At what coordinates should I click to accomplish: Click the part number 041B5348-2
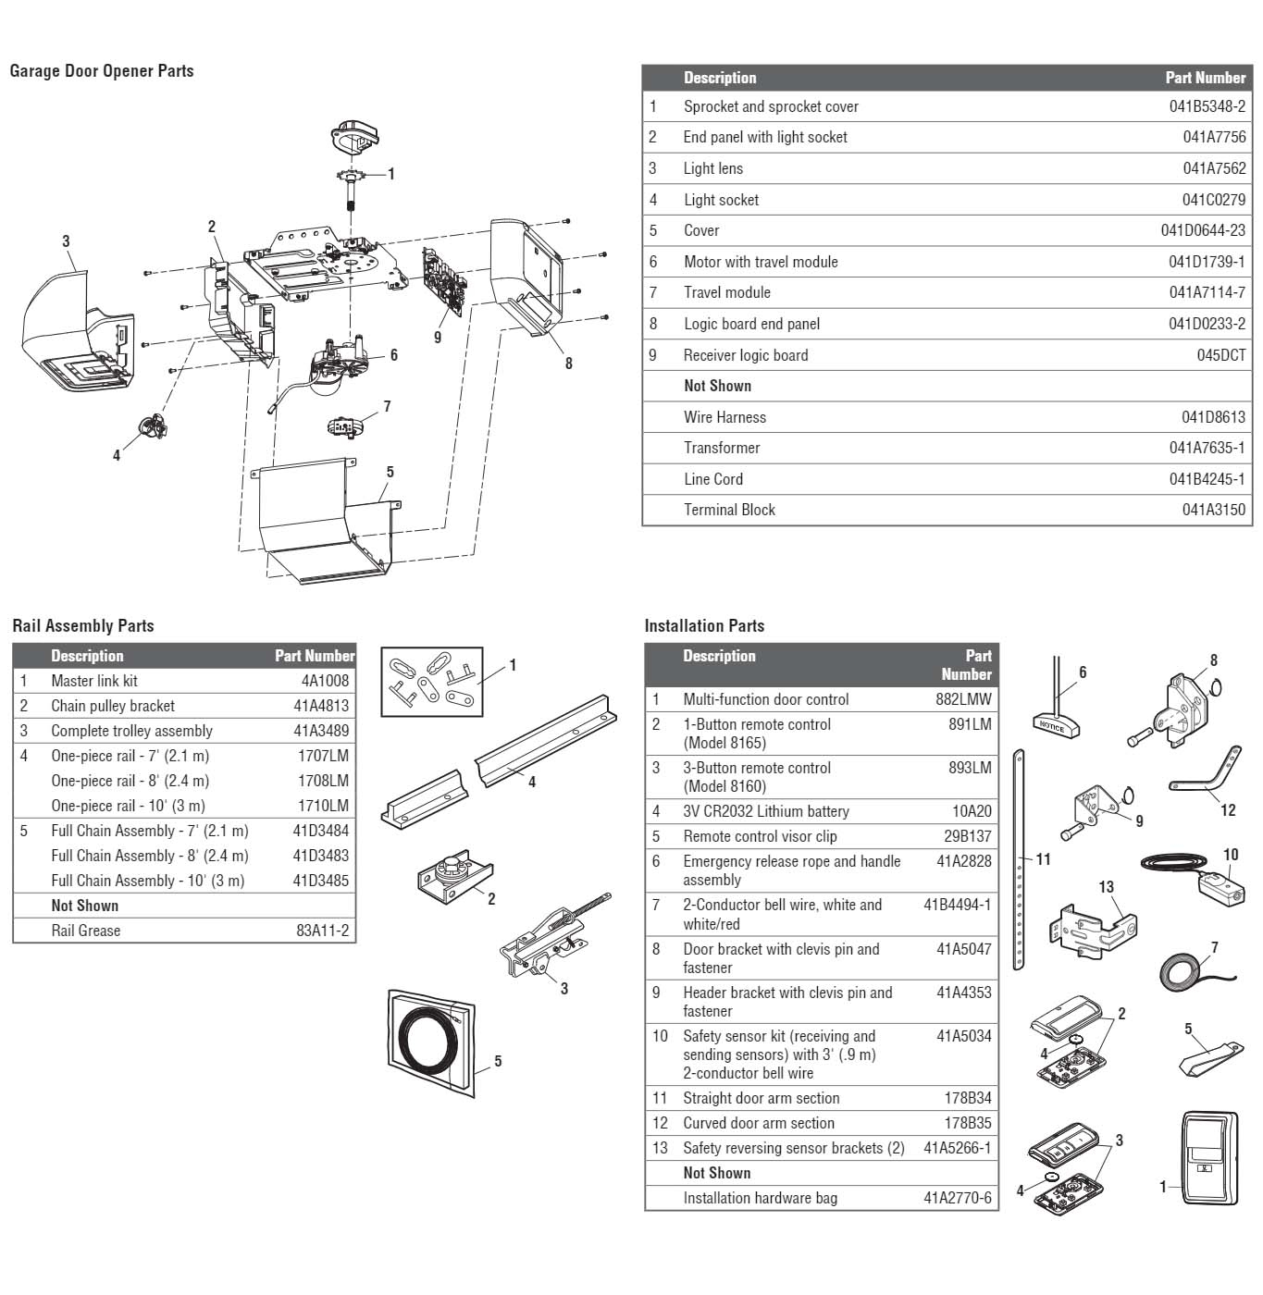pyautogui.click(x=1207, y=106)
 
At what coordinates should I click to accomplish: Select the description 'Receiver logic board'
pyautogui.click(x=745, y=355)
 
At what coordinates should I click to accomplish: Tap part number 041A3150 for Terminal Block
pyautogui.click(x=1213, y=510)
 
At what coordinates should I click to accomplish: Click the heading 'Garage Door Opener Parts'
pyautogui.click(x=102, y=71)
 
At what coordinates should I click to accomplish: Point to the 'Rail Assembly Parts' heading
pyautogui.click(x=83, y=626)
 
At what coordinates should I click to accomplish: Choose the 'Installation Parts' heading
pyautogui.click(x=704, y=626)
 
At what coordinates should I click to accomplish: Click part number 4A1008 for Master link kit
pyautogui.click(x=325, y=681)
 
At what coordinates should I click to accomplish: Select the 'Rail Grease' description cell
pyautogui.click(x=85, y=931)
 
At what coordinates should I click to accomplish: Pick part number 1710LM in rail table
pyautogui.click(x=323, y=806)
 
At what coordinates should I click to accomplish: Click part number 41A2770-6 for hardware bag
pyautogui.click(x=957, y=1198)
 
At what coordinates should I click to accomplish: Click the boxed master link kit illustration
pyautogui.click(x=431, y=683)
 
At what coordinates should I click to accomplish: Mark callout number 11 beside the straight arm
pyautogui.click(x=1044, y=859)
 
